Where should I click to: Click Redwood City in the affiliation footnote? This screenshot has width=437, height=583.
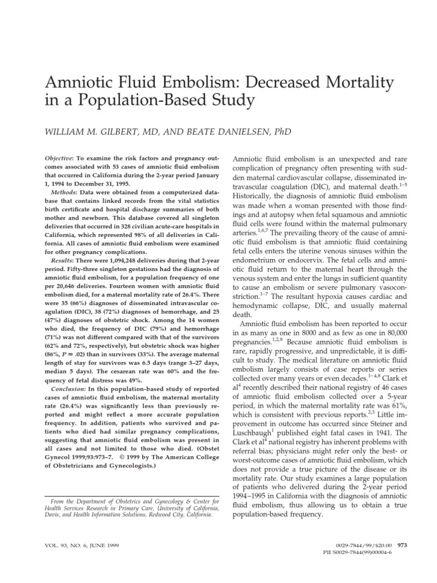[x=174, y=514]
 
